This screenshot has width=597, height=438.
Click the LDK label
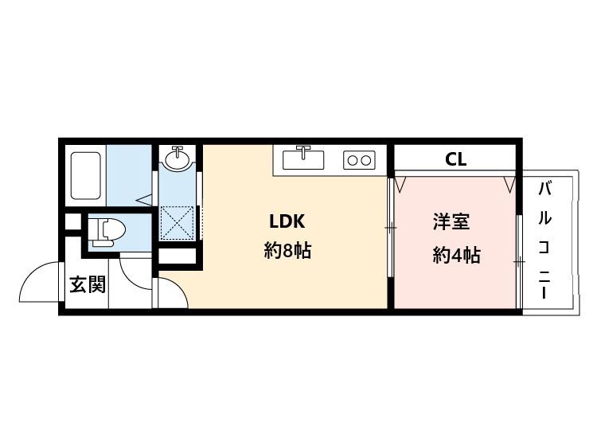coord(287,221)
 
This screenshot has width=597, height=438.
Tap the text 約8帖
coord(287,252)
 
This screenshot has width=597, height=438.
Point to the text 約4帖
coord(456,255)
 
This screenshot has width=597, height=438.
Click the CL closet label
coord(455,158)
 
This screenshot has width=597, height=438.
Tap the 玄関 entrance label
coord(87,284)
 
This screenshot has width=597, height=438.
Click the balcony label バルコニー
coord(545,240)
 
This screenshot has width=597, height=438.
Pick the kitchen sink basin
coord(303,159)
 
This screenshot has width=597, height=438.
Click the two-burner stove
coord(358,160)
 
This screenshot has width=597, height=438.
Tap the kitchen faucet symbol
coord(302,150)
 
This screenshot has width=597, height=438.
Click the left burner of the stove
coord(352,160)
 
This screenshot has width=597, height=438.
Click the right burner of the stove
coord(365,160)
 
